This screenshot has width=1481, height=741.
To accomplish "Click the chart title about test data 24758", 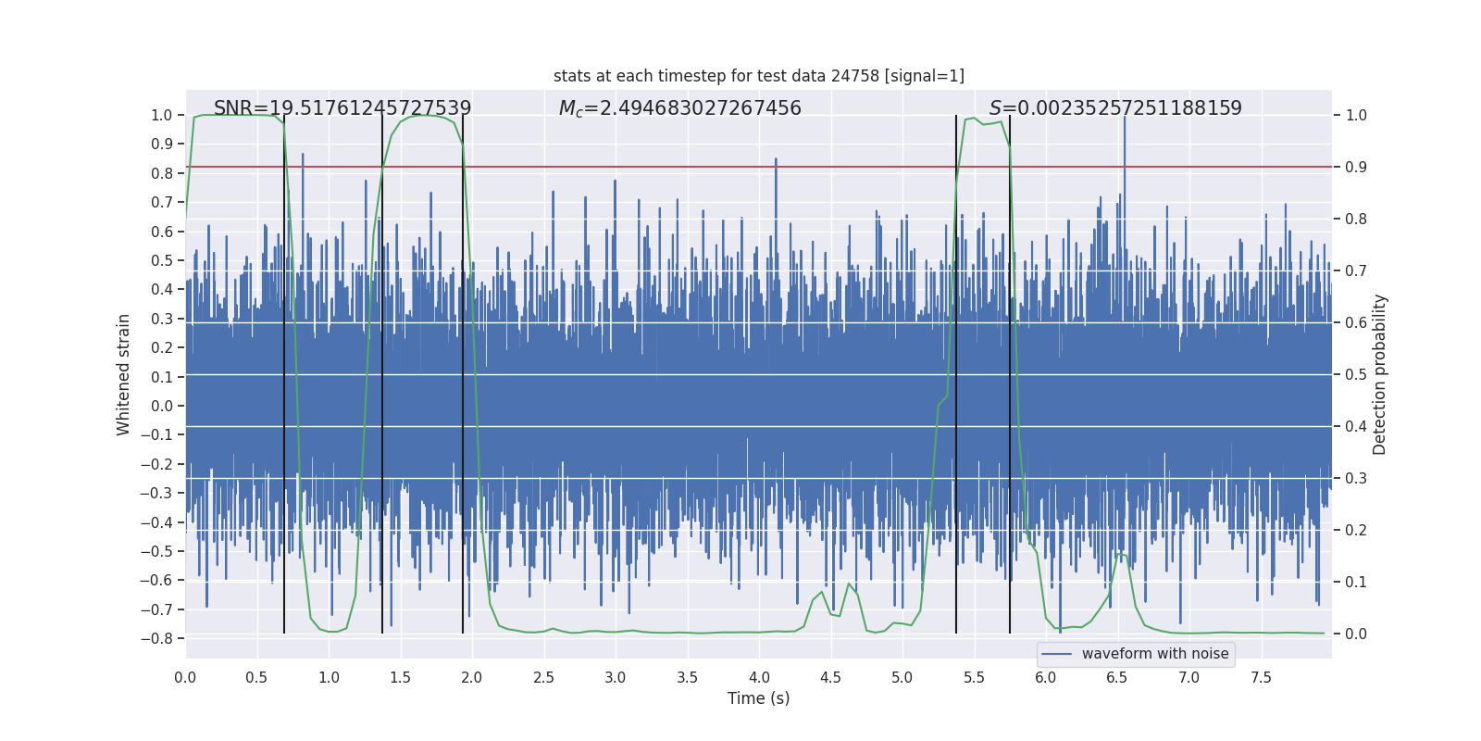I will (x=758, y=76).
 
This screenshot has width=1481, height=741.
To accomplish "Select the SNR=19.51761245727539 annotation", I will (x=342, y=108).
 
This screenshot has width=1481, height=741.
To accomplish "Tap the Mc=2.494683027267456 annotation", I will (x=679, y=108).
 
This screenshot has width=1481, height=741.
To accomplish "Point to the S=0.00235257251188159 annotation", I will (x=1115, y=108).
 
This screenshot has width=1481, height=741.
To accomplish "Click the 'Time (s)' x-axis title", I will (x=758, y=698).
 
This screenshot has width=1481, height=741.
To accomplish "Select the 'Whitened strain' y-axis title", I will (x=124, y=374).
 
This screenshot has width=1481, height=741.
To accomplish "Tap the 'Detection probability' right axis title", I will (x=1380, y=374).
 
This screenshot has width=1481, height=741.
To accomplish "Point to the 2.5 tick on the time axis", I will (x=543, y=677).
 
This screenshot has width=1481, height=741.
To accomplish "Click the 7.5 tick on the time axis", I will (x=1261, y=677).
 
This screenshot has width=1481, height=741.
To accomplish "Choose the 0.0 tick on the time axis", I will (x=185, y=677).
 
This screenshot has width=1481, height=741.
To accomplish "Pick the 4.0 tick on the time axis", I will (x=759, y=677).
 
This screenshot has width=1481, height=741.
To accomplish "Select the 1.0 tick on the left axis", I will (x=161, y=116).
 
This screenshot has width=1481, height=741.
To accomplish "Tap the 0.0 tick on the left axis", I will (x=161, y=406).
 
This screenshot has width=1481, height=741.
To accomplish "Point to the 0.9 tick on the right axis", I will (x=1356, y=168).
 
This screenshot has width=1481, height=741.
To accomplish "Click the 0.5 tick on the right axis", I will (x=1356, y=375).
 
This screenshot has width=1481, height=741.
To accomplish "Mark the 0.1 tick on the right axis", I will (x=1356, y=583).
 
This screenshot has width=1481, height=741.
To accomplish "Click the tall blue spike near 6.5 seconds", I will (x=1125, y=139).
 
